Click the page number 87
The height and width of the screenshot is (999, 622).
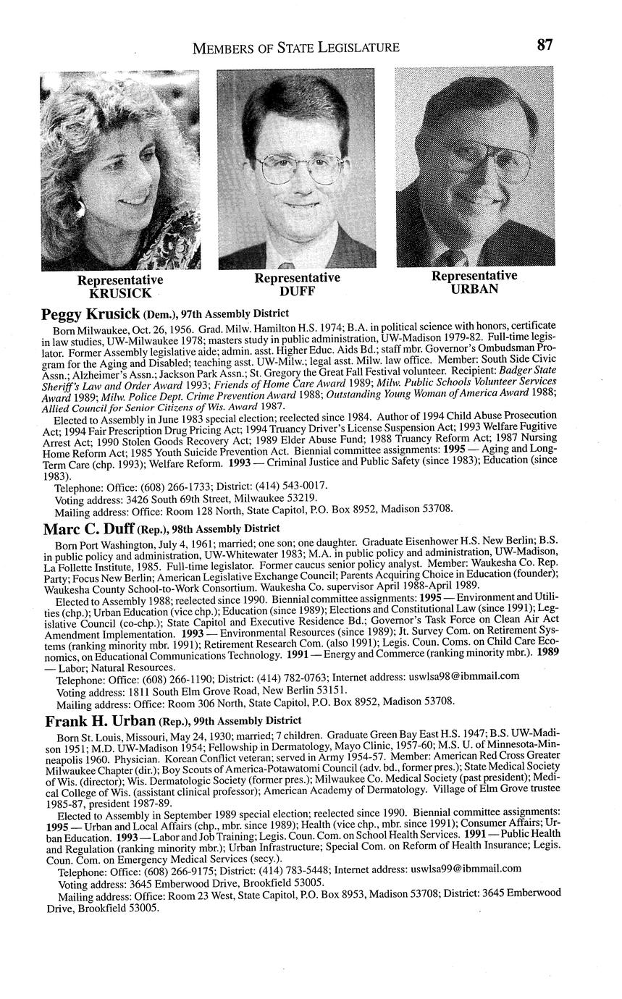(545, 45)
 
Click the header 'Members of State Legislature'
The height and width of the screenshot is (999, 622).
(295, 48)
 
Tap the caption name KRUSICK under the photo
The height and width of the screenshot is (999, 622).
(120, 293)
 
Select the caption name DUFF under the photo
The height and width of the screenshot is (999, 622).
(297, 291)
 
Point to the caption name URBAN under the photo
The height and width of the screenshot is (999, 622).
(474, 289)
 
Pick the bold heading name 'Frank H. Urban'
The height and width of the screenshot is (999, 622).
(100, 721)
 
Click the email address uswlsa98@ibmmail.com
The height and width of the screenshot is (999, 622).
(465, 677)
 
